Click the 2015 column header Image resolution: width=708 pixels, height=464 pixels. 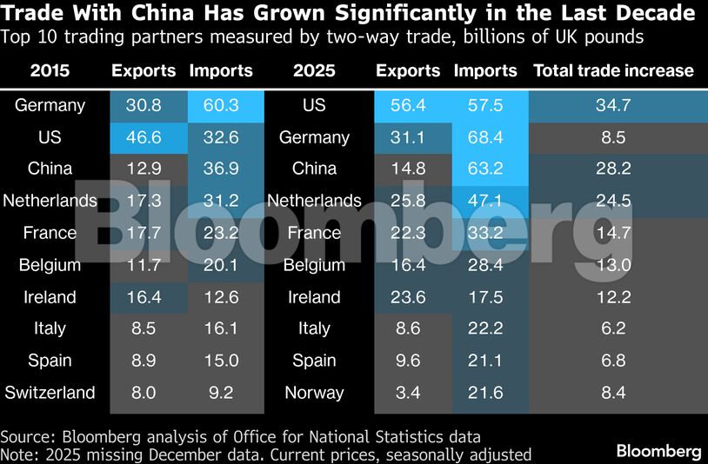tap(50, 71)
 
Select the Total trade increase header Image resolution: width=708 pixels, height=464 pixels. tap(613, 71)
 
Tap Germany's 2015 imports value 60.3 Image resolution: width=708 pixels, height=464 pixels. tap(221, 106)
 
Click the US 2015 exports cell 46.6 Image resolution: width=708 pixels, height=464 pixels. tap(144, 137)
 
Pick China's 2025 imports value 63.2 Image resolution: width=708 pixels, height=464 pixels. tap(485, 169)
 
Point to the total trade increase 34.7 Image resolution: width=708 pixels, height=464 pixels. tap(613, 106)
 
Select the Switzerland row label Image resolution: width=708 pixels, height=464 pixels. tap(50, 393)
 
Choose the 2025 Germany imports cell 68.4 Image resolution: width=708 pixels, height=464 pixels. tap(485, 137)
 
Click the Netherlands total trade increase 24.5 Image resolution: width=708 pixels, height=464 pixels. tap(613, 201)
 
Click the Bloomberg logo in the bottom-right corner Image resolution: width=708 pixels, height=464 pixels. tap(658, 451)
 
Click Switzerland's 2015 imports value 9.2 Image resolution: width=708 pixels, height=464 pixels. tap(221, 393)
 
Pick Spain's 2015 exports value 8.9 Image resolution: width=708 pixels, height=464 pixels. tap(144, 361)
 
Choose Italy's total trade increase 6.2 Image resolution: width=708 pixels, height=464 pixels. tap(613, 328)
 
